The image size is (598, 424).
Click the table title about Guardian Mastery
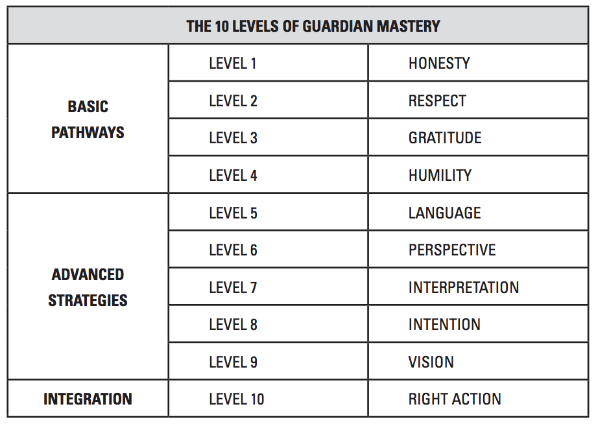tap(313, 27)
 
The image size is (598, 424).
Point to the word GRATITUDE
tap(445, 138)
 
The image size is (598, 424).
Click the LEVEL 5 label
tap(233, 213)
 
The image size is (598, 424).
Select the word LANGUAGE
tap(445, 213)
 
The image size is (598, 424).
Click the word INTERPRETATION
tap(463, 287)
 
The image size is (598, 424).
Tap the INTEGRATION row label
tap(88, 399)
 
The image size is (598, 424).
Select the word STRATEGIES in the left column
tap(88, 300)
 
